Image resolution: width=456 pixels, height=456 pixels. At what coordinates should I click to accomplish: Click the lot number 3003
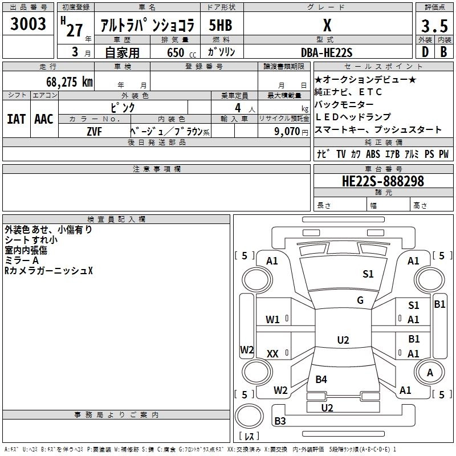[28, 23]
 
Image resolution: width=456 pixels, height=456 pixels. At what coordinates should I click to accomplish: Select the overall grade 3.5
[434, 26]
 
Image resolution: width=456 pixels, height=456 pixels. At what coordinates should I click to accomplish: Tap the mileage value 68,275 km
[70, 82]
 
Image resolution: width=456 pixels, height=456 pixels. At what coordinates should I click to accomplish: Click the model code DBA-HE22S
[327, 52]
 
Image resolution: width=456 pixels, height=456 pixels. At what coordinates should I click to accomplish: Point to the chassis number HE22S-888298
[382, 181]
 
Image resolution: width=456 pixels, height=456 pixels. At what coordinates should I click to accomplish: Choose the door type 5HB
[221, 25]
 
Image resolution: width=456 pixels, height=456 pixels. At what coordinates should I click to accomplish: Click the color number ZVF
[94, 132]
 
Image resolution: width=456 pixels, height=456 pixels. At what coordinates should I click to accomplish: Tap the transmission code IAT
[17, 119]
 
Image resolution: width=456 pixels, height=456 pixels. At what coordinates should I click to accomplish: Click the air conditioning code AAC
[44, 119]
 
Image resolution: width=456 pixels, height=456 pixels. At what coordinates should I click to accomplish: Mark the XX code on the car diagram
[272, 354]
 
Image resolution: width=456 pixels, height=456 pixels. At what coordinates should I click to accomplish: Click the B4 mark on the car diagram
[321, 379]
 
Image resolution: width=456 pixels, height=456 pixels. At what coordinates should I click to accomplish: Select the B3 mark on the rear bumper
[280, 421]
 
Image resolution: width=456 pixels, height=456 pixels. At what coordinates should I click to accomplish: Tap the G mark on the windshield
[360, 300]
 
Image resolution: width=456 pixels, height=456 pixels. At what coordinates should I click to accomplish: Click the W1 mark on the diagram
[272, 320]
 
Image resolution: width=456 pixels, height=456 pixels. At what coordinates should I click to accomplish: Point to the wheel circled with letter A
[430, 373]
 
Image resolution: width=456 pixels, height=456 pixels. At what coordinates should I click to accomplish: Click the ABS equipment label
[373, 154]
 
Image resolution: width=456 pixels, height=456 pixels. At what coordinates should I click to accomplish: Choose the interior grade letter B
[444, 52]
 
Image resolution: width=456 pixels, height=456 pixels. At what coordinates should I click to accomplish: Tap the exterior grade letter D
[425, 52]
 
